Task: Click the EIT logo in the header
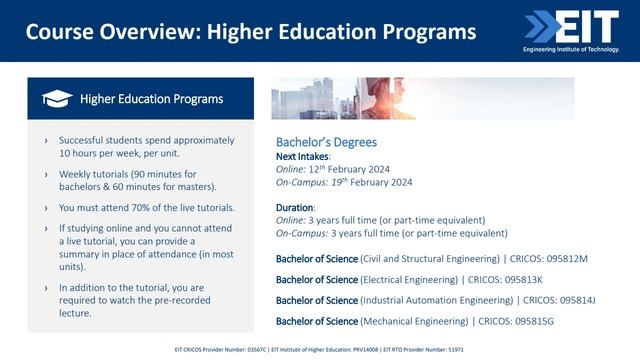pos(570,27)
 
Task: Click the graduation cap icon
pos(56,98)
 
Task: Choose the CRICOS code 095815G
pos(520,320)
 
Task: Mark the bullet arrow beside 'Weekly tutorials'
pos(46,174)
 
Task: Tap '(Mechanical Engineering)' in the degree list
pos(417,320)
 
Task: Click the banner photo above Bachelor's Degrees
pos(423,99)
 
